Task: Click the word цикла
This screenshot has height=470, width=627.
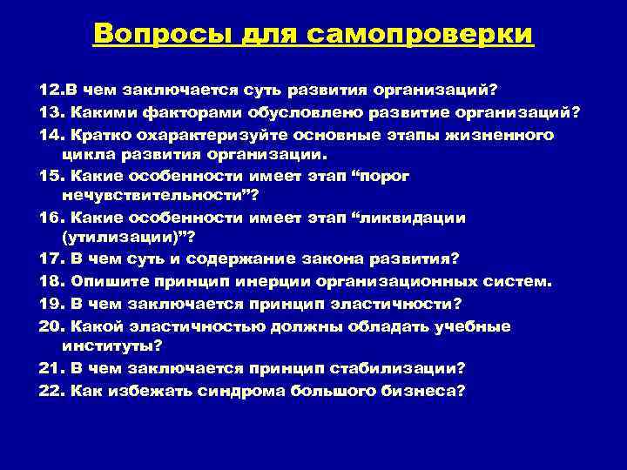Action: (x=86, y=156)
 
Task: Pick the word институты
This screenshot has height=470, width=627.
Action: (x=109, y=346)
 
